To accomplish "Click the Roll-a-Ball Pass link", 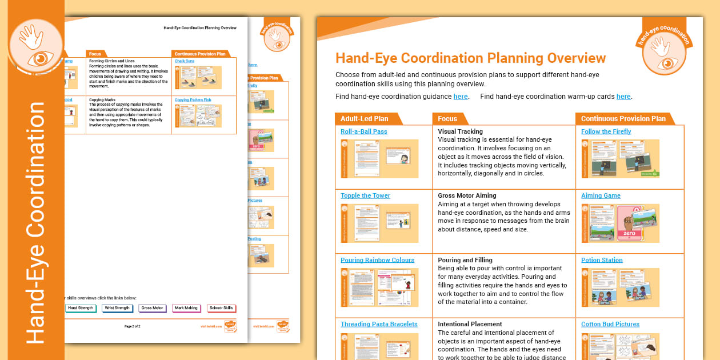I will [x=363, y=131].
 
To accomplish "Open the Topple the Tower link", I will [x=365, y=195].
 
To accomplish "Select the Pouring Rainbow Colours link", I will [x=377, y=260].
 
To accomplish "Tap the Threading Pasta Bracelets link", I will [x=379, y=324].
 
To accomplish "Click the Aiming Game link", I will [x=601, y=195].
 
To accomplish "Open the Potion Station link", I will [x=602, y=260].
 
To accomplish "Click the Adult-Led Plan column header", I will [x=364, y=119].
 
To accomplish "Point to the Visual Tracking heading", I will [x=460, y=131].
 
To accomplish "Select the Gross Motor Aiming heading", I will [x=467, y=195].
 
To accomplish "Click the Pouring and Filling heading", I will [x=465, y=260].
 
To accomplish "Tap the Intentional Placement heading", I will [x=470, y=324].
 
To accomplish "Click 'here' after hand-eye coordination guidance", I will [x=461, y=97].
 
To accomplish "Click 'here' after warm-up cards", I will [x=623, y=97].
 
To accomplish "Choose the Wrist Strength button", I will [x=117, y=308].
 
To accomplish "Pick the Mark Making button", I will [x=186, y=308].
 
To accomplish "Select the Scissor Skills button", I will [x=221, y=308].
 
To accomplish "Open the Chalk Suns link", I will [x=185, y=61].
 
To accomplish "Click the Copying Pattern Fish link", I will [x=193, y=100].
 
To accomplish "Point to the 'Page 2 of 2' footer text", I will [x=132, y=326].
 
